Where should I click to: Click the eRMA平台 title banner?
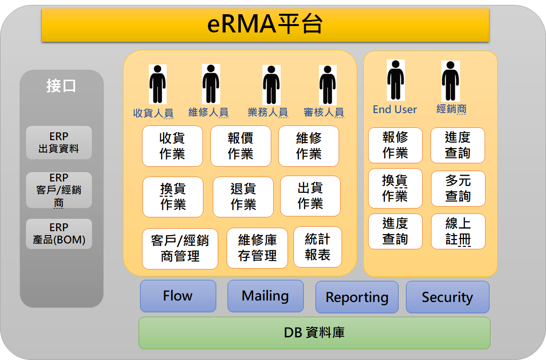point(265,25)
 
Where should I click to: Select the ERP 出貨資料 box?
point(59,143)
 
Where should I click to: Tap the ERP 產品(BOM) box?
point(59,234)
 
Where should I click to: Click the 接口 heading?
point(61,86)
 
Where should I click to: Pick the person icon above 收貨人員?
point(158,84)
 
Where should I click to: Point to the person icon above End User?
point(396,80)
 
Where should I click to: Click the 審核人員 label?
point(324,112)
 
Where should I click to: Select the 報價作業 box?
point(241,146)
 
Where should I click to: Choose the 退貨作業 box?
point(243,197)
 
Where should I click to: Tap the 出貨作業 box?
point(310,196)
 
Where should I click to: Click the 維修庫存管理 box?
point(257,248)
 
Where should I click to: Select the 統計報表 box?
point(317,247)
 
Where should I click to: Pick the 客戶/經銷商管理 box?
point(180,248)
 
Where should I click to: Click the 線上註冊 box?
point(458,232)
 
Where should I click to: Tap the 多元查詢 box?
point(458,188)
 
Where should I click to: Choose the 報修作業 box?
point(395,145)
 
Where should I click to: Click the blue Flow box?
point(178,296)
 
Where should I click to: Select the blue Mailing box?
point(265,296)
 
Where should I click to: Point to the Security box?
point(447,297)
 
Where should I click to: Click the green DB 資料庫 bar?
point(315,333)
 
